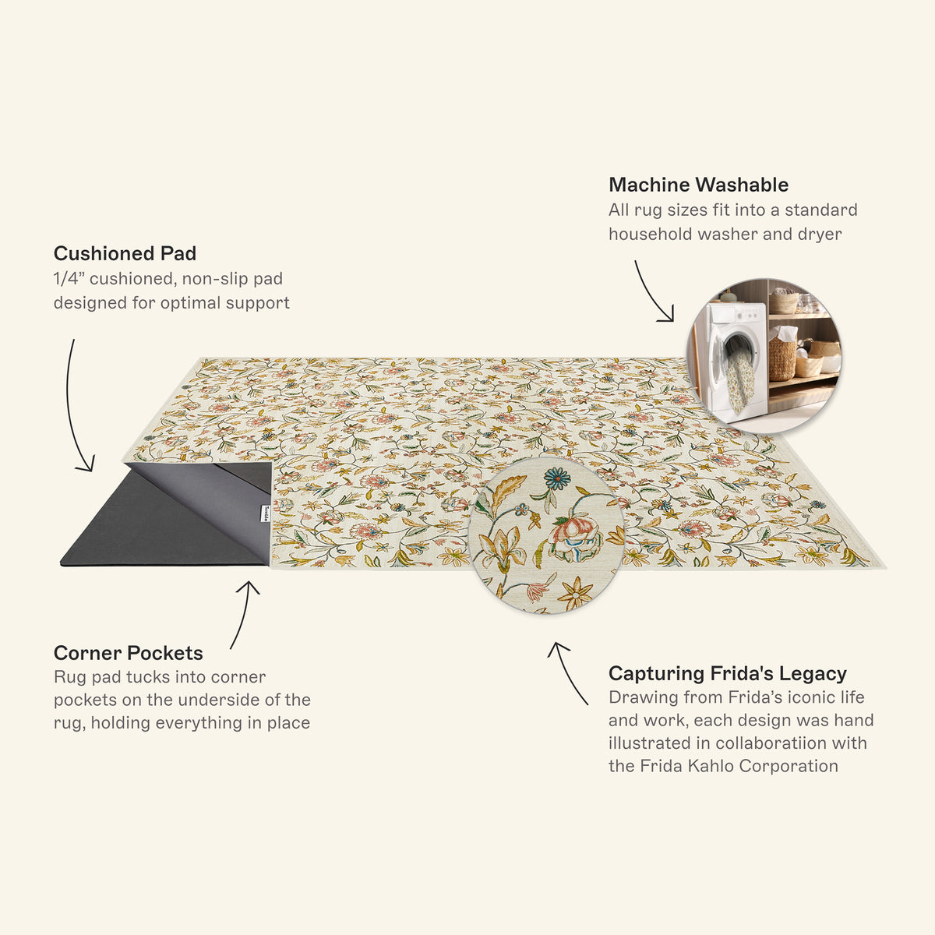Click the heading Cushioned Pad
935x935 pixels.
[125, 254]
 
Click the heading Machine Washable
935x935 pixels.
[698, 185]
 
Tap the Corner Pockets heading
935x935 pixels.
[128, 653]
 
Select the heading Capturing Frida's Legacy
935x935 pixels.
[727, 673]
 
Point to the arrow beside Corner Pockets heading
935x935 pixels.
[244, 614]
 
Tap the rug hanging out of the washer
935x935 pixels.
[742, 383]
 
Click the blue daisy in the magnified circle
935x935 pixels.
[558, 478]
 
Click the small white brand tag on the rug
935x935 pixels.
[265, 513]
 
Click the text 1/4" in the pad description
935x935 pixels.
[66, 278]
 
